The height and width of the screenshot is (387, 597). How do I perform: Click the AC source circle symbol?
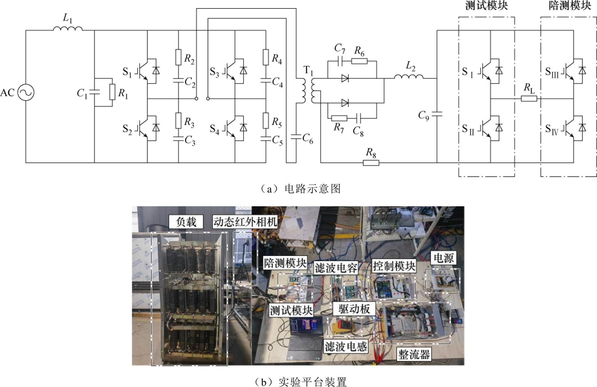pos(26,93)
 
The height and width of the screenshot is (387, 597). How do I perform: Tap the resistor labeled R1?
pos(112,92)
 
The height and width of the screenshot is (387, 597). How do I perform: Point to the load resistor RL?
pos(529,99)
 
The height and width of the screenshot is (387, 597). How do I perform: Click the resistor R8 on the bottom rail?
pos(371,163)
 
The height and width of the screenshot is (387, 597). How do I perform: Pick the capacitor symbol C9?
pos(437,114)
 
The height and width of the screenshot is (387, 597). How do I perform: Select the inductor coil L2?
pos(409,76)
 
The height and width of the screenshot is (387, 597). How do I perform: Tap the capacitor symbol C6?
pos(295,136)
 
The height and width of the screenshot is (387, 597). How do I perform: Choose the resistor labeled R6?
pos(359,61)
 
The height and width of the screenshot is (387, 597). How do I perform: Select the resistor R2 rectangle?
pos(178,57)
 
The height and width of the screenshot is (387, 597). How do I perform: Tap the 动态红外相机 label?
pos(245,222)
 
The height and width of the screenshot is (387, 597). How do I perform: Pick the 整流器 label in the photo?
pos(414,354)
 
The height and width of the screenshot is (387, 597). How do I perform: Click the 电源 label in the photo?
pos(444,258)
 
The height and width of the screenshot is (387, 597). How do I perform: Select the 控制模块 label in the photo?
pos(394,266)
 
